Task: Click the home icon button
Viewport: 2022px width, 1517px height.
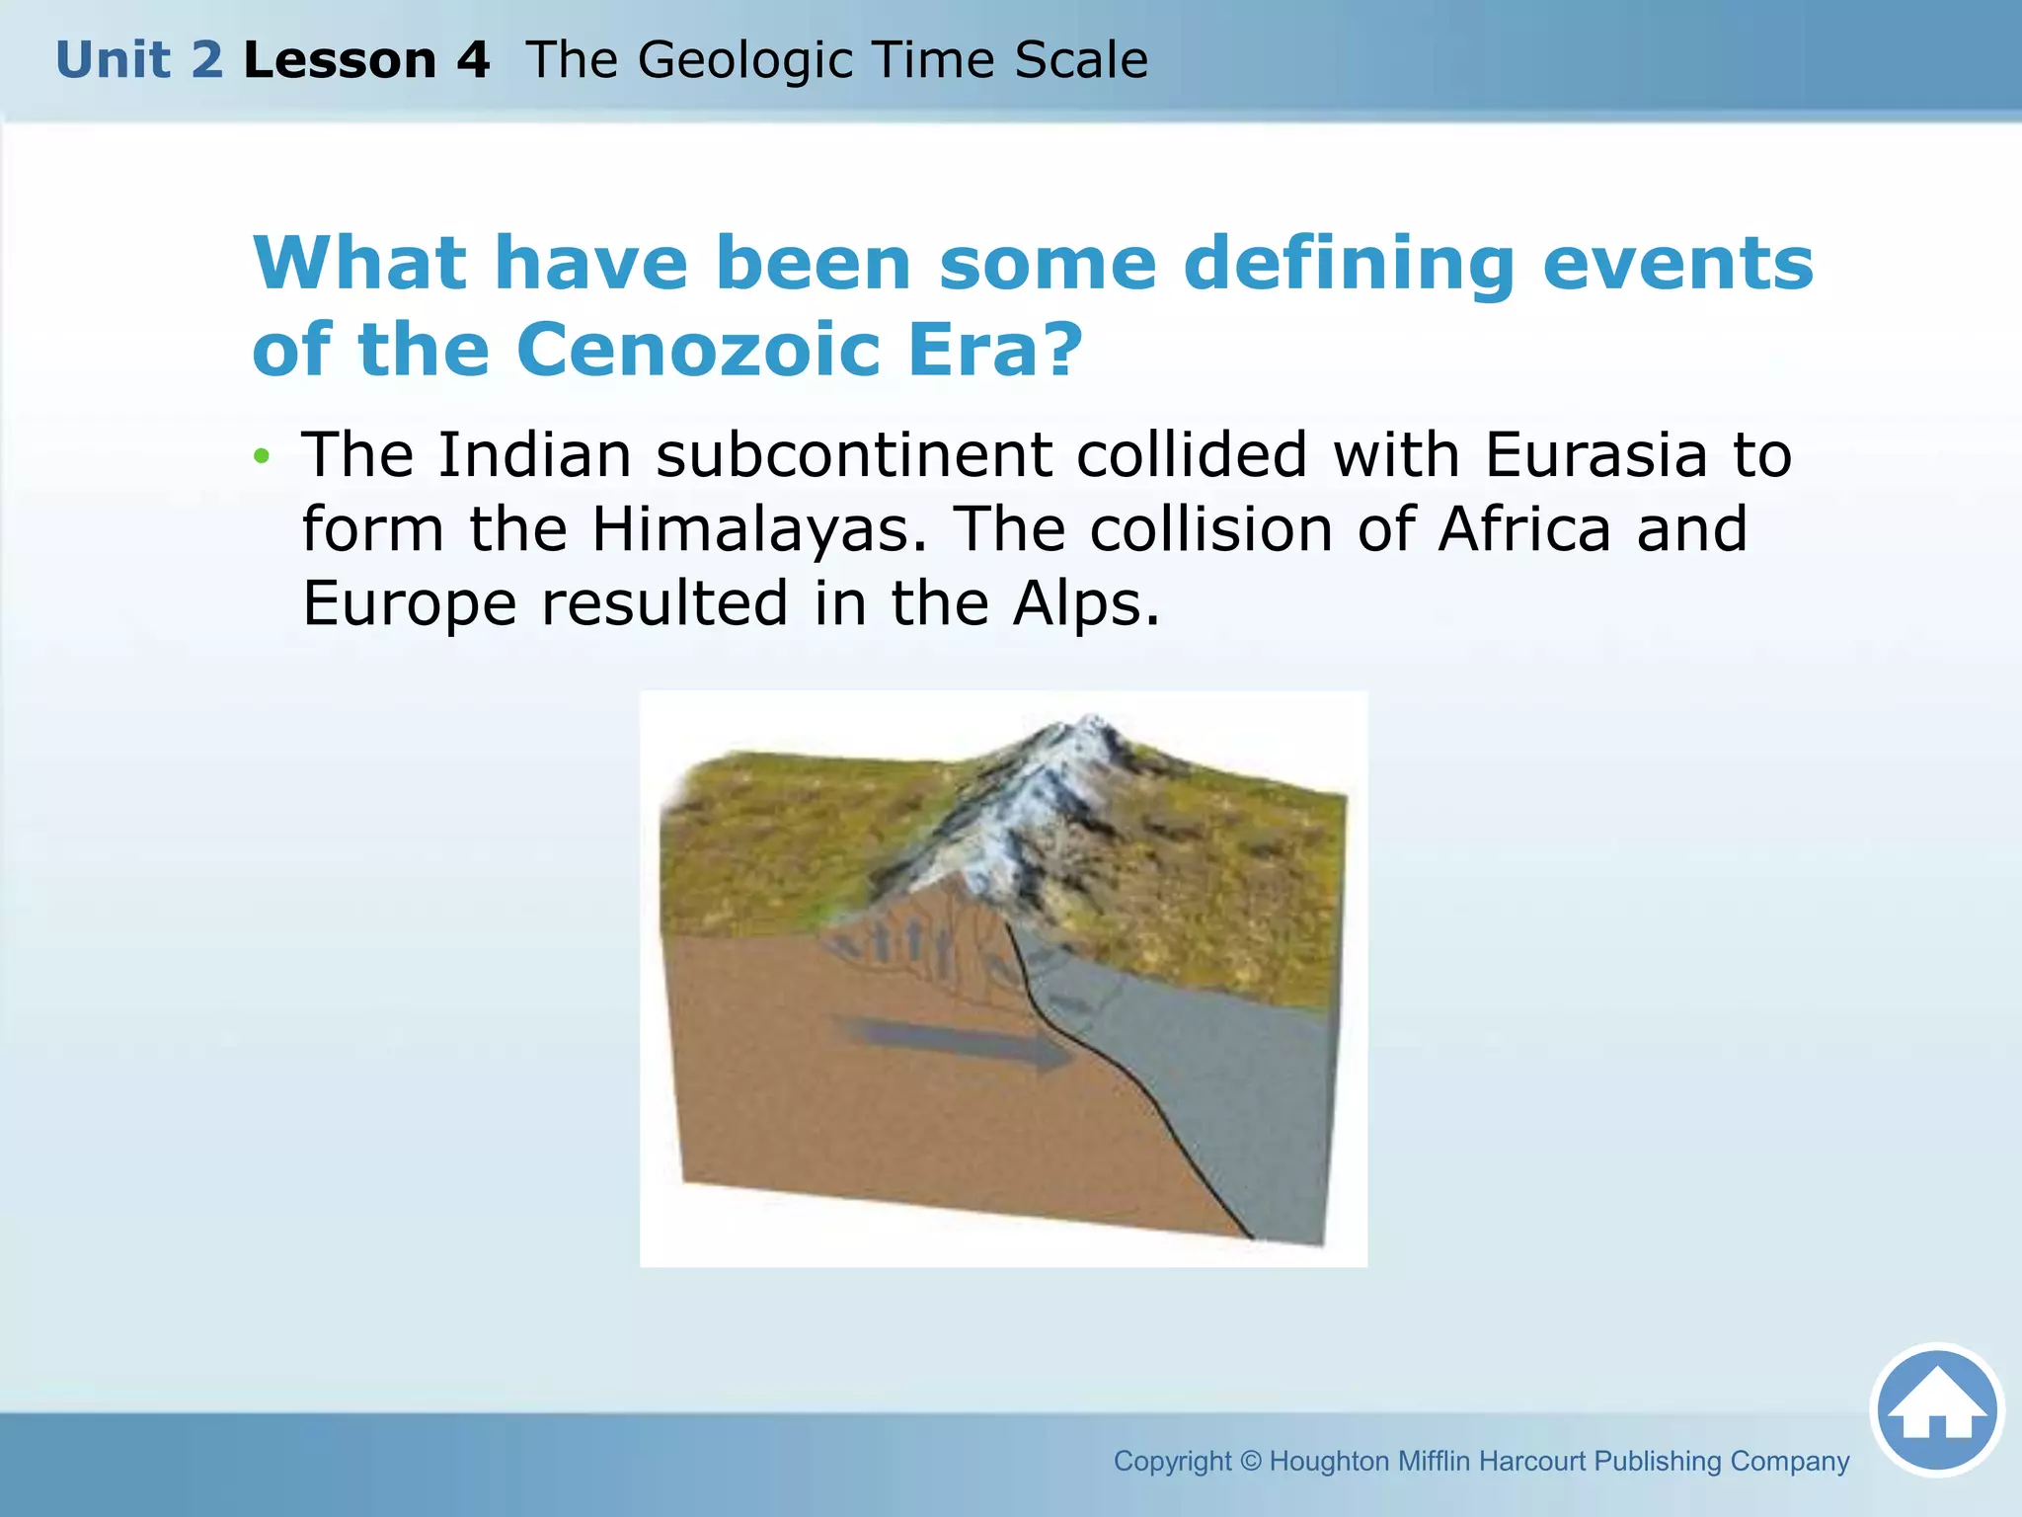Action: (1936, 1410)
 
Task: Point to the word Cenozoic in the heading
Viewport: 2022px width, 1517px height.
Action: (698, 350)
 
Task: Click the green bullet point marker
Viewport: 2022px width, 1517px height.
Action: (261, 456)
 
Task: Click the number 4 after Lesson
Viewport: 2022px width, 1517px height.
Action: (473, 60)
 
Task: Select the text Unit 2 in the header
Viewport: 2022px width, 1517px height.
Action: (139, 60)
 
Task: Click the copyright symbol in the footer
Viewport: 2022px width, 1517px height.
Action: (1250, 1461)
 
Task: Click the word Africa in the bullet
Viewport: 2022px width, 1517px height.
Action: (1523, 529)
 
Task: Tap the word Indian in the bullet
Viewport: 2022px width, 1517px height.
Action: (534, 455)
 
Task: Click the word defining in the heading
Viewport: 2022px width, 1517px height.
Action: (1349, 265)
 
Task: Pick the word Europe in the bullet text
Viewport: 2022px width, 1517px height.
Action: (409, 603)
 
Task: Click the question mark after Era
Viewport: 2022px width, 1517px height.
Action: (1062, 350)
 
